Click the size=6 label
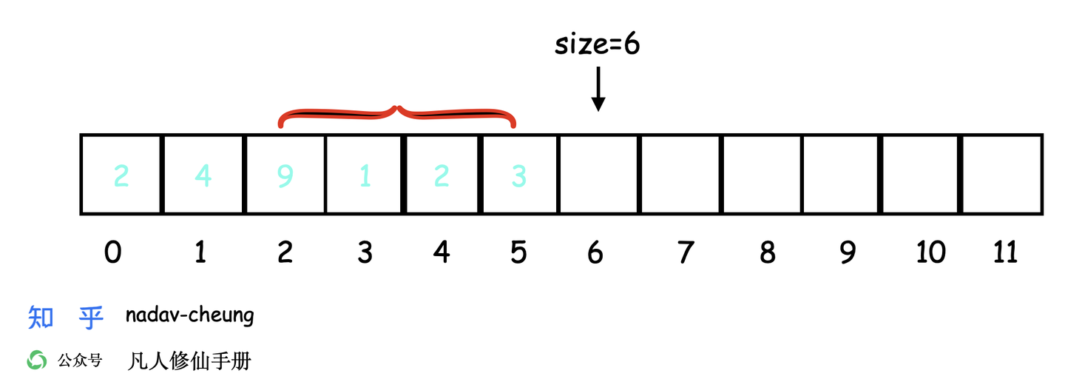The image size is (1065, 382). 598,45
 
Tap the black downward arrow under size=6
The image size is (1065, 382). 598,89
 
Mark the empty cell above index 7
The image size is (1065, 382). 680,175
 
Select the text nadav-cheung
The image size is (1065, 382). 189,316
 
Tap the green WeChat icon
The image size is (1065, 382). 37,361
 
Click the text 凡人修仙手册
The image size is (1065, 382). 189,361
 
